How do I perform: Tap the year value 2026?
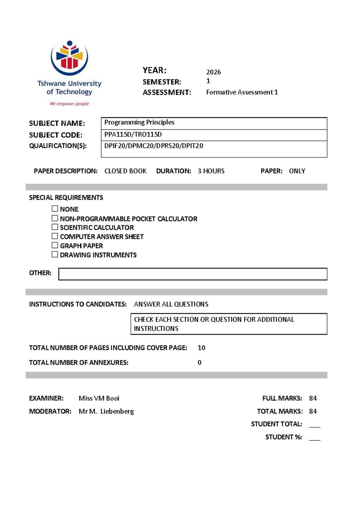[x=213, y=72]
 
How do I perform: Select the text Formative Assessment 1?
[x=242, y=92]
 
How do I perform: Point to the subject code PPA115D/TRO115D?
[x=133, y=135]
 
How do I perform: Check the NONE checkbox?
[x=55, y=209]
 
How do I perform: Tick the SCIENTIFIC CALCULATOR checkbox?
[x=55, y=227]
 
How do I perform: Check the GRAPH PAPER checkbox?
[x=55, y=245]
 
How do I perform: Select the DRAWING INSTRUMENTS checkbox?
[x=55, y=254]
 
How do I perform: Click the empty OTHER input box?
[x=193, y=274]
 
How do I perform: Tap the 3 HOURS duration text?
[x=211, y=171]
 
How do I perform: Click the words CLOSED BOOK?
[x=125, y=171]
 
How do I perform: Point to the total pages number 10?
[x=201, y=348]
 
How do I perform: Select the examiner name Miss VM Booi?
[x=99, y=398]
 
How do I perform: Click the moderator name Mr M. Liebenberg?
[x=106, y=411]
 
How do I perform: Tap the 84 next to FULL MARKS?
[x=313, y=398]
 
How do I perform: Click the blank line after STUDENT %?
[x=314, y=439]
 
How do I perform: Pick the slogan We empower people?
[x=69, y=104]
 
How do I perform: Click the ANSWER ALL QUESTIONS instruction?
[x=171, y=304]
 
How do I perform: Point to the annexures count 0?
[x=199, y=363]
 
